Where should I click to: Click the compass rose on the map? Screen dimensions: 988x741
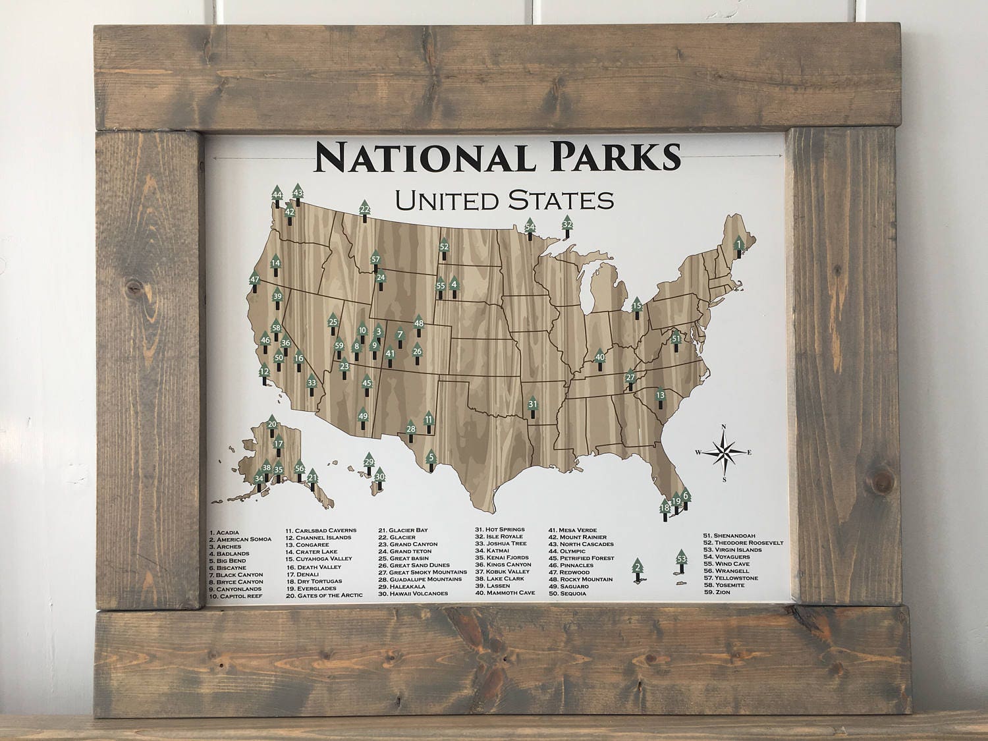click(x=724, y=453)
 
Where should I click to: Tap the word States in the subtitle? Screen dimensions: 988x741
click(x=566, y=198)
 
